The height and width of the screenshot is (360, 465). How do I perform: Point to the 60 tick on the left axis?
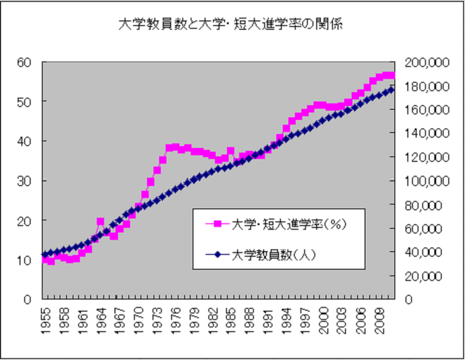point(24,62)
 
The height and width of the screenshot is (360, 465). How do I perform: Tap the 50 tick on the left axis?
point(24,102)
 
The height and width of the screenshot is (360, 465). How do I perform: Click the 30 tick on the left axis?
point(24,181)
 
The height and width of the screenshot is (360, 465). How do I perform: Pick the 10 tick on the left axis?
point(24,260)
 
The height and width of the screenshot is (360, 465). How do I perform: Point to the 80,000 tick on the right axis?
point(431,205)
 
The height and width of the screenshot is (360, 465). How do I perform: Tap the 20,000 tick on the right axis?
point(431,276)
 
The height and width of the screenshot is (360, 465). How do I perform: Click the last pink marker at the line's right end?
point(392,75)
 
